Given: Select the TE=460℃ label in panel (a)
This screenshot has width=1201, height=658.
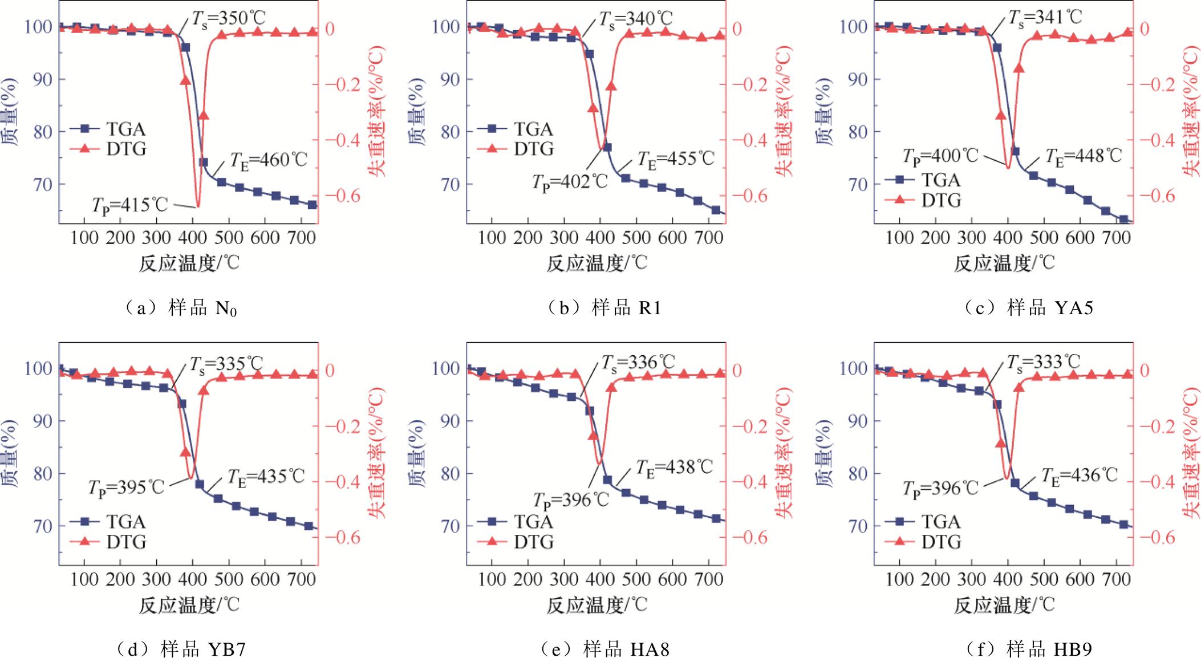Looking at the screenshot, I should (269, 159).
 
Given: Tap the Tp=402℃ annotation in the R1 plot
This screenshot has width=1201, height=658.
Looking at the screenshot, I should (571, 182).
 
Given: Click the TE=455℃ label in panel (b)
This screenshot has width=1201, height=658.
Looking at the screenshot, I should (676, 158).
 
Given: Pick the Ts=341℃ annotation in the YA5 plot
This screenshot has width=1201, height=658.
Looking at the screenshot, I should (1043, 17).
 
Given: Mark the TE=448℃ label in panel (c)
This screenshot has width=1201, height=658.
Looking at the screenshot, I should (1083, 156).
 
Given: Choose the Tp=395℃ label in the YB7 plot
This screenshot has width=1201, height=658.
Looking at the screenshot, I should (126, 487).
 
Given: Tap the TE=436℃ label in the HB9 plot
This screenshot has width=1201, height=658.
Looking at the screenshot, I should (1080, 475).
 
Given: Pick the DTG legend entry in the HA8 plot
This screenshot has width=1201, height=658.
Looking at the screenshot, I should (534, 542).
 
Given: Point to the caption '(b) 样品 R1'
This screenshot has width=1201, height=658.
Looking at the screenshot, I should (604, 308).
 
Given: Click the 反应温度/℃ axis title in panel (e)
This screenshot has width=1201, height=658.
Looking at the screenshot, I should (597, 604).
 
